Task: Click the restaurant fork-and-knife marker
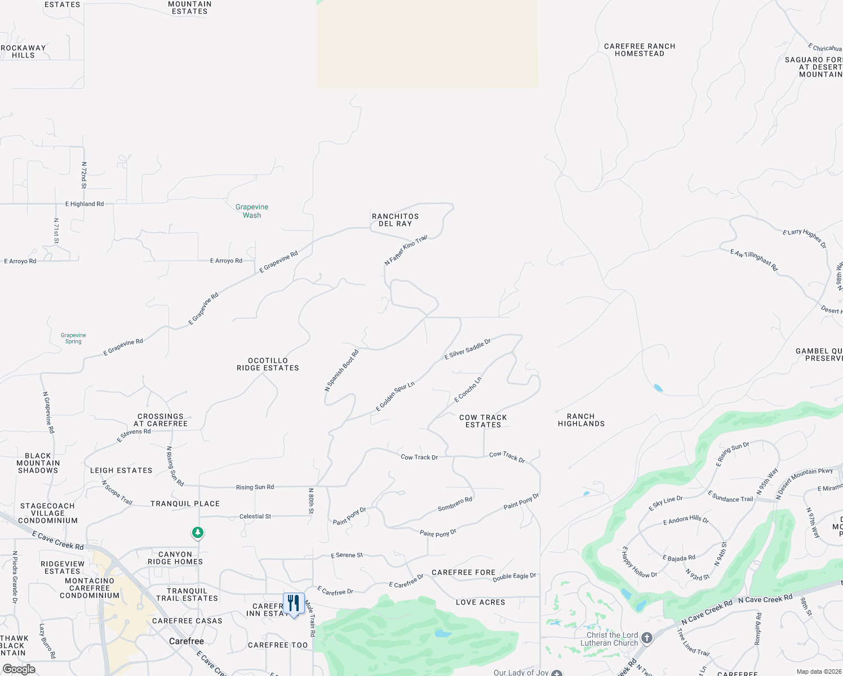[x=294, y=604]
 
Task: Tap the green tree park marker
[x=197, y=532]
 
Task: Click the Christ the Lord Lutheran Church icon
[x=647, y=638]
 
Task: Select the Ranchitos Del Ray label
[x=395, y=220]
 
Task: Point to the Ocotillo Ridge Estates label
[x=268, y=364]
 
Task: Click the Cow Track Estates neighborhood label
[x=483, y=421]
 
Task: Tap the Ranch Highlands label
[x=581, y=420]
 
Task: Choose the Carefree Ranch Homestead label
[x=639, y=50]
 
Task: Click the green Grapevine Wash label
[x=252, y=211]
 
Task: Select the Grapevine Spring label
[x=73, y=338]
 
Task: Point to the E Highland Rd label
[x=85, y=204]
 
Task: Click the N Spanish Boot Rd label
[x=341, y=371]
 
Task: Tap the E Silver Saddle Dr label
[x=467, y=349]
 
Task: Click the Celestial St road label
[x=255, y=516]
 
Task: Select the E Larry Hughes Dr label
[x=804, y=238]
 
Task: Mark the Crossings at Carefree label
[x=161, y=420]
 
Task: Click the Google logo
[x=19, y=669]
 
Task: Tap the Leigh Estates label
[x=121, y=470]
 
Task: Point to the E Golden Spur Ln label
[x=395, y=396]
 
